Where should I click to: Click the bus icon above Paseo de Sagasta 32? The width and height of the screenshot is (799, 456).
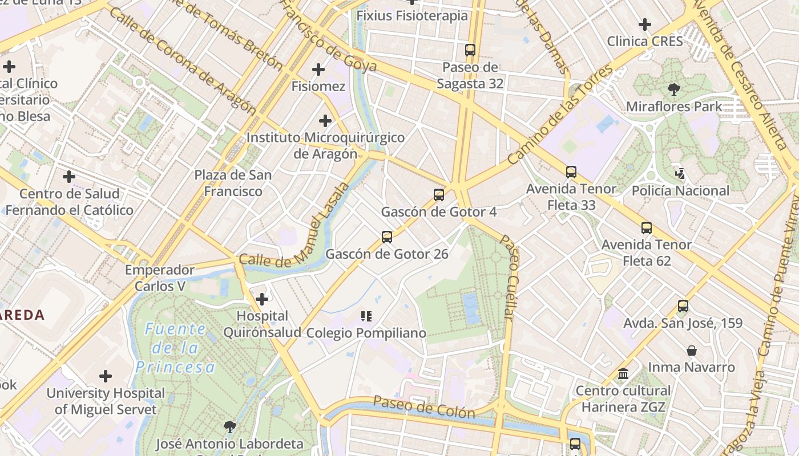pos(470,50)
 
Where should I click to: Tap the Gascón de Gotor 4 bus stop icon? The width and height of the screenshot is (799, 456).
pos(438,195)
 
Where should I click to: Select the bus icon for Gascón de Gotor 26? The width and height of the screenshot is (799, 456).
pos(386,237)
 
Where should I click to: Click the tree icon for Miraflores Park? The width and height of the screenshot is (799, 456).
pos(673,89)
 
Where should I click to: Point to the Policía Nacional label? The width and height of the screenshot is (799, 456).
pos(680,191)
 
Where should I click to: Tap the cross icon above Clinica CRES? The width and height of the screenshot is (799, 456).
pos(645,25)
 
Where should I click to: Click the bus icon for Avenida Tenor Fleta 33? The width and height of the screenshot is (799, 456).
pos(571,172)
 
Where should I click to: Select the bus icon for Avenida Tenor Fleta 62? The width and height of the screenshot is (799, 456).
pos(646,228)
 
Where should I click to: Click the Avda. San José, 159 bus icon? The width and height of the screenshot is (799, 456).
pos(683,306)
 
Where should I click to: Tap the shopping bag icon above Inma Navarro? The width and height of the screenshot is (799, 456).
pos(691,350)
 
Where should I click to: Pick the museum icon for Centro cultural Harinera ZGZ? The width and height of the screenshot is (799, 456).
pos(623,374)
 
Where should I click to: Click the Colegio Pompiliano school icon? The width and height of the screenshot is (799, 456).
pos(366,316)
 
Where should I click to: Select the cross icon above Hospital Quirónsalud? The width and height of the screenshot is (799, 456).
pos(262,299)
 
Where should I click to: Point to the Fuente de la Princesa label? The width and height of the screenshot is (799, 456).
pos(176,348)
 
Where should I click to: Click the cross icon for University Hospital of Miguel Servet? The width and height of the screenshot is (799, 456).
pos(106,376)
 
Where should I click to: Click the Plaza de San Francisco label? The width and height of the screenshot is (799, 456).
pos(233,183)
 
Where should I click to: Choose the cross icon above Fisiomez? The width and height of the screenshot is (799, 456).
pos(318,70)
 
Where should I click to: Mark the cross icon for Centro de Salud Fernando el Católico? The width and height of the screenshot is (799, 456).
pos(69,177)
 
